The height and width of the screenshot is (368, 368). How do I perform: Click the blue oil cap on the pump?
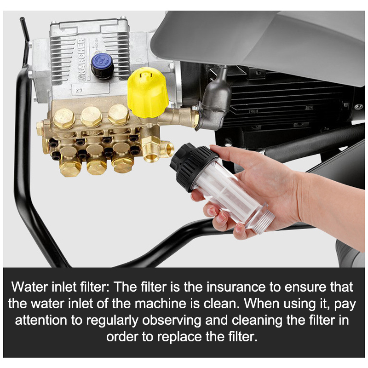tap(102, 66)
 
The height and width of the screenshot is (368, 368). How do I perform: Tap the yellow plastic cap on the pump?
tap(148, 92)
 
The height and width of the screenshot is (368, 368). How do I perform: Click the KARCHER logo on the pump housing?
tap(81, 60)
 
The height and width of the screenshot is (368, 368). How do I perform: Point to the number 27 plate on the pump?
tap(79, 90)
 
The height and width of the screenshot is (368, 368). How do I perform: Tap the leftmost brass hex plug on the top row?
tap(64, 118)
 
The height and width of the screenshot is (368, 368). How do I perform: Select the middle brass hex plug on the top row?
tap(91, 117)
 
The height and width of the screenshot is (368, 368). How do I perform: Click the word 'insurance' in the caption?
tap(236, 287)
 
